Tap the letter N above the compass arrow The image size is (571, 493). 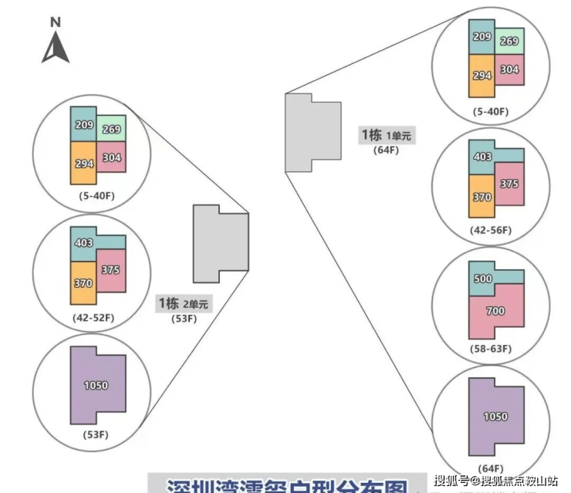[x=55, y=22]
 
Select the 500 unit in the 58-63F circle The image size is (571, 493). [x=483, y=279]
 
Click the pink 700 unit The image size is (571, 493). [x=496, y=311]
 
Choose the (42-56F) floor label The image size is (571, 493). [x=492, y=230]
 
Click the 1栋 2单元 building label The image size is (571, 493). [x=182, y=303]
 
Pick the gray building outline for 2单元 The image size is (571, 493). [x=220, y=243]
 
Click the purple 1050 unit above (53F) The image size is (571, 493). [x=96, y=385]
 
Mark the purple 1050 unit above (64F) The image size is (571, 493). [x=495, y=417]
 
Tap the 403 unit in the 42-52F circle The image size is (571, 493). [x=83, y=242]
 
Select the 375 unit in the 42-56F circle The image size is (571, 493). [x=508, y=184]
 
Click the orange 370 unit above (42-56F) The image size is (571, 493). [x=481, y=197]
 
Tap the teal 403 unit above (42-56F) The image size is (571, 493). [x=482, y=157]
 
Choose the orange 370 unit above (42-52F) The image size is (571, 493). [x=83, y=282]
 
